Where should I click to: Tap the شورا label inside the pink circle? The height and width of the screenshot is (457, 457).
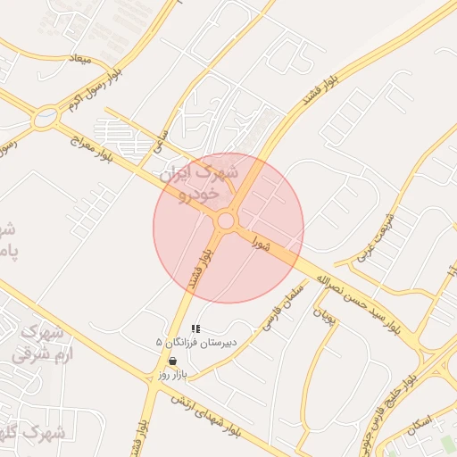pyautogui.click(x=261, y=241)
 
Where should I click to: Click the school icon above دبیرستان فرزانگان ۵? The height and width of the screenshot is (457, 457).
pyautogui.click(x=195, y=329)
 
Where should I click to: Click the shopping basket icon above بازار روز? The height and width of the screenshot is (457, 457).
pyautogui.click(x=171, y=361)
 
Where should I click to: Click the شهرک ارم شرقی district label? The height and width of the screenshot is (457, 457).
pyautogui.click(x=39, y=343)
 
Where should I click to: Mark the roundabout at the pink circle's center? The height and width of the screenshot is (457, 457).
pyautogui.click(x=227, y=220)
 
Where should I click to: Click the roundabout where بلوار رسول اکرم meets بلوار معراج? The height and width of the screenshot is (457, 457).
pyautogui.click(x=45, y=116)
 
